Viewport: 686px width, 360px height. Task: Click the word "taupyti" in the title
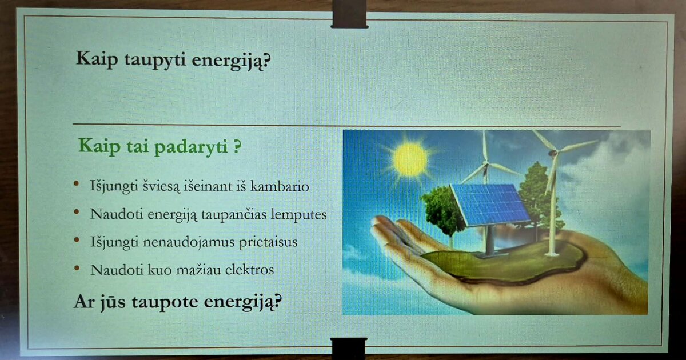[155, 59]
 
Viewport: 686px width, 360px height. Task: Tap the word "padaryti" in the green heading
[190, 147]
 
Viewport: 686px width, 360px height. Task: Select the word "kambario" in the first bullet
[280, 186]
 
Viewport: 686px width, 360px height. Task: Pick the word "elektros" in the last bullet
[249, 270]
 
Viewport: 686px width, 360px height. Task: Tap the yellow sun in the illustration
[410, 160]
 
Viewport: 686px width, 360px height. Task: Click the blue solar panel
[490, 205]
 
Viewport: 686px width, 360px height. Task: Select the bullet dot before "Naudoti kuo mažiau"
[77, 269]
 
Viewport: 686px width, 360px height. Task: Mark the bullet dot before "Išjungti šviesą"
[76, 183]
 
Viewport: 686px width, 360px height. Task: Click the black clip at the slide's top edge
[349, 14]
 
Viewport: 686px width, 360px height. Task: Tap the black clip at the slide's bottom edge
[349, 349]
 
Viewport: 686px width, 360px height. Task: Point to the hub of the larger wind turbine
[553, 152]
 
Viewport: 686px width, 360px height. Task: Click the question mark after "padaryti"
[237, 146]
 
